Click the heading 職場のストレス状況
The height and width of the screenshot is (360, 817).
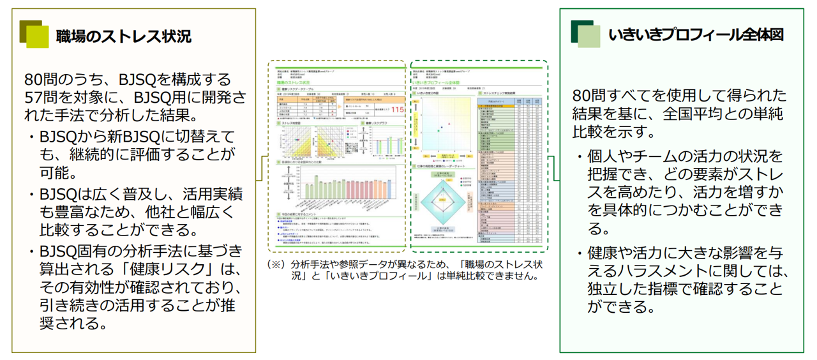pyautogui.click(x=123, y=36)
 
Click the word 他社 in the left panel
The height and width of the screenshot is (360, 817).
pyautogui.click(x=170, y=211)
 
